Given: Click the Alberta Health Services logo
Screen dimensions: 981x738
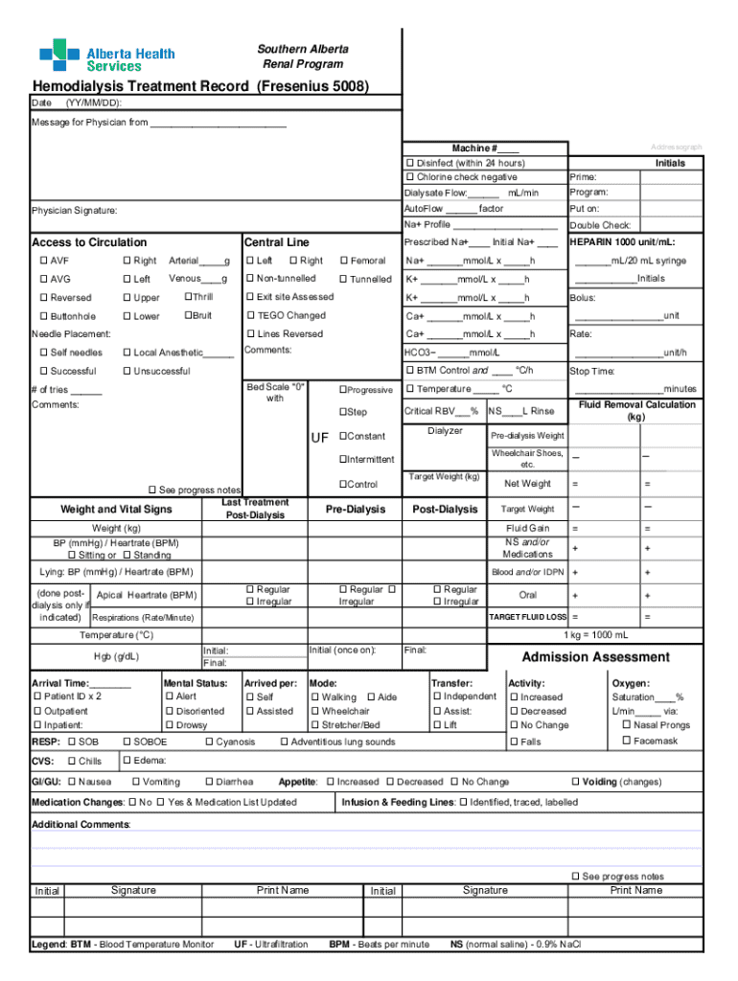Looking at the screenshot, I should pos(93,55).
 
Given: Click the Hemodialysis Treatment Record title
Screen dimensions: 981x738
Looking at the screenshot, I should pos(200,86).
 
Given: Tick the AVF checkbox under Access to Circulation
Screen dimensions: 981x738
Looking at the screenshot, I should pos(43,261).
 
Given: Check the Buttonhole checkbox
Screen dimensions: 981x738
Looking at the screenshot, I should pos(43,316).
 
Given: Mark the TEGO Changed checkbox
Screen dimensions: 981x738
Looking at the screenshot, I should pos(250,315).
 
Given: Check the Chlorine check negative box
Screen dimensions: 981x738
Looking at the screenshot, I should pos(409,177).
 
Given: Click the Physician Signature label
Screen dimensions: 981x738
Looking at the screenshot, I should pos(75,210).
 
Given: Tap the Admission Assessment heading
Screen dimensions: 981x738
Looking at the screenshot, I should pos(595,657).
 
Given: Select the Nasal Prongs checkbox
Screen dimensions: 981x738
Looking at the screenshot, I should pos(627,725).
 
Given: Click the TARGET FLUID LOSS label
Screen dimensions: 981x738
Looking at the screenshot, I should pos(527,617).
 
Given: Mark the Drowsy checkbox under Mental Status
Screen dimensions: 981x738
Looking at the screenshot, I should pos(169,725).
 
